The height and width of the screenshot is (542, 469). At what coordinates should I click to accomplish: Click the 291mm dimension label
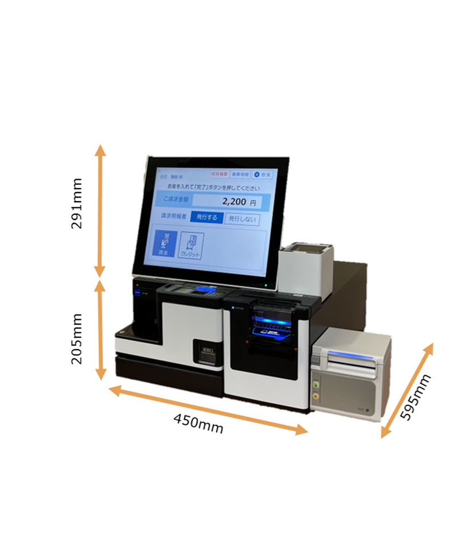77,203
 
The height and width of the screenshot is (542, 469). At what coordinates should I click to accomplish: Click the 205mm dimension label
77,338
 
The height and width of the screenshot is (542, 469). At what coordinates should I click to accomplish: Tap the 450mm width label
198,423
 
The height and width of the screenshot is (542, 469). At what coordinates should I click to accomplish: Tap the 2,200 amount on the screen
234,202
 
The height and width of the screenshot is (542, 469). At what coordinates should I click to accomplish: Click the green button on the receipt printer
316,384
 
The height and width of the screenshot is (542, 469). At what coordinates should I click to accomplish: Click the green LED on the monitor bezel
267,285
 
